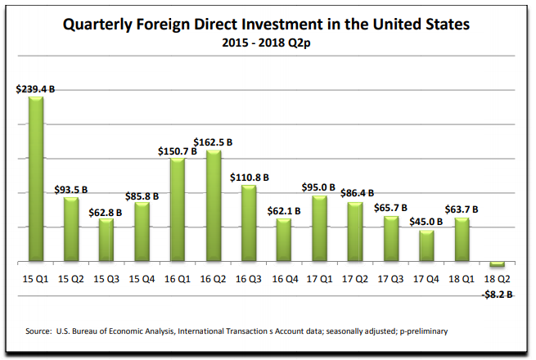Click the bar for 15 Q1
(36, 179)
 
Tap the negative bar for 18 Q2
(497, 265)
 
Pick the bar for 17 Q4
(426, 246)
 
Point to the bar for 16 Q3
(248, 223)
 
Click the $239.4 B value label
(35, 88)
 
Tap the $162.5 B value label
(214, 141)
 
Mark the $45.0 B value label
(426, 221)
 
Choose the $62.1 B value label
(284, 210)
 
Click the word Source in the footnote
(41, 331)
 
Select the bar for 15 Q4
(142, 232)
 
